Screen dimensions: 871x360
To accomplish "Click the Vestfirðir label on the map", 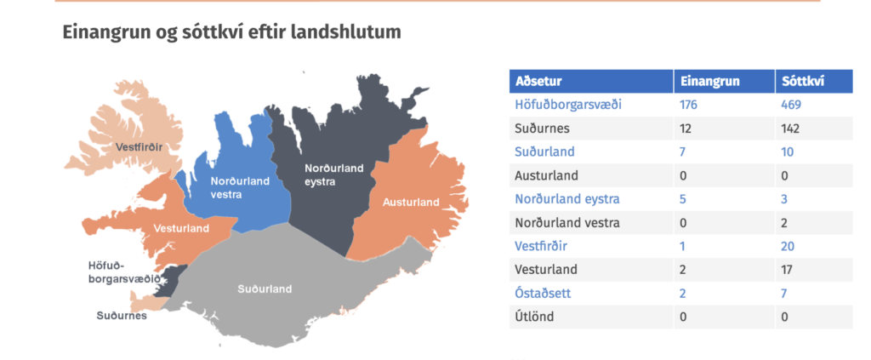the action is [139, 147].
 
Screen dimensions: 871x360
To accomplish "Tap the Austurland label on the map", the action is [411, 203].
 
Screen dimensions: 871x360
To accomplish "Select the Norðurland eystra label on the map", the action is [333, 175].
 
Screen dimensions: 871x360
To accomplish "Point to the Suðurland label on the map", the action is [265, 289].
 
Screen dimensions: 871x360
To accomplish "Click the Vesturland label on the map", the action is [182, 228].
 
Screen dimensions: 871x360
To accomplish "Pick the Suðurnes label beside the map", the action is [122, 316].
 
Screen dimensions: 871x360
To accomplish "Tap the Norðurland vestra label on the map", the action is [239, 188].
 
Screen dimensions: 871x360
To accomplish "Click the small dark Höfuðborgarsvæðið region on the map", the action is [174, 278].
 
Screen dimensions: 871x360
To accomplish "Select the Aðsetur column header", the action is [538, 81].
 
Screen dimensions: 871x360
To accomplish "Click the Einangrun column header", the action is [710, 81].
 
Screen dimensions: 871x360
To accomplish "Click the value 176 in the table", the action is [689, 105].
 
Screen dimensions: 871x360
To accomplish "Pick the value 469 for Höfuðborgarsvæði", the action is [791, 105].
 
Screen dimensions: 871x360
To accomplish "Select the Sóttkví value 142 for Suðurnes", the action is [790, 129].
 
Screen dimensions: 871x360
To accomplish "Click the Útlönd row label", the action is [534, 317].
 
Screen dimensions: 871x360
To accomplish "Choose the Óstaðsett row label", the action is [543, 294].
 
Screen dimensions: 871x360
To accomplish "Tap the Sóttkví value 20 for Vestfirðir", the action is [788, 247].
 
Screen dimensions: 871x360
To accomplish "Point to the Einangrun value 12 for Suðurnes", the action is [686, 129].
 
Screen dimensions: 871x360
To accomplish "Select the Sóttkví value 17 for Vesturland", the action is [787, 270].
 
